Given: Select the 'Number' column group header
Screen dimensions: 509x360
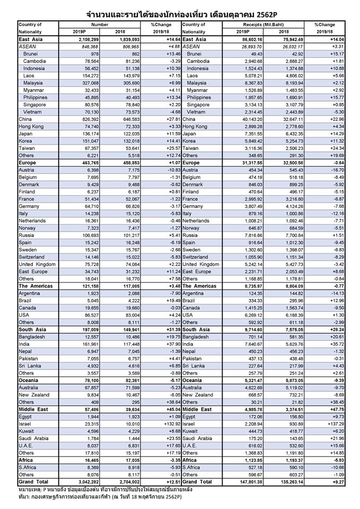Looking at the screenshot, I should [101, 25].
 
